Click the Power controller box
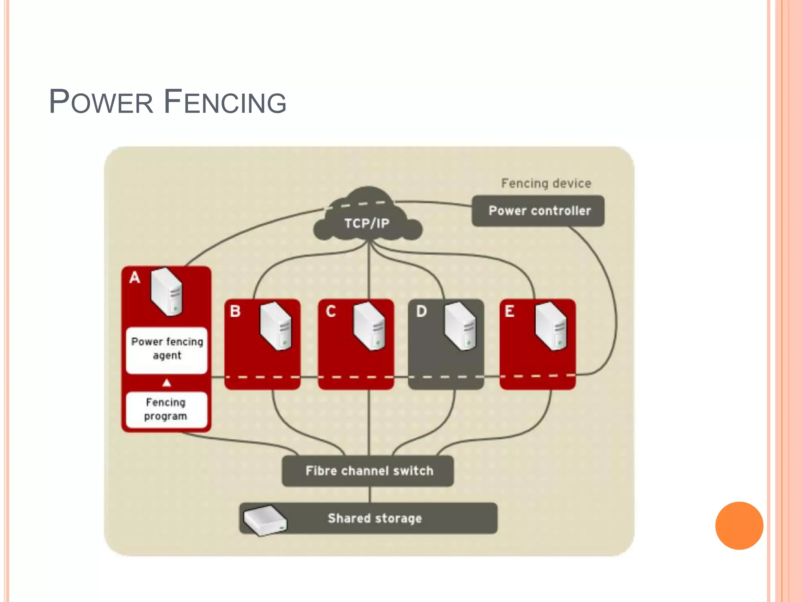538,211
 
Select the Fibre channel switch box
368,471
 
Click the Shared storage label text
375,518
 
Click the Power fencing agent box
167,349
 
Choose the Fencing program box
166,410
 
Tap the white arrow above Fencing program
167,383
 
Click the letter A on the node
135,277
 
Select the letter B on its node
235,311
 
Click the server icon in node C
369,325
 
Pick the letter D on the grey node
421,311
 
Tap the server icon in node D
460,325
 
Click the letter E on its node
509,311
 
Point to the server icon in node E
551,325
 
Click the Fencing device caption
546,183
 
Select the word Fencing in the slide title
225,102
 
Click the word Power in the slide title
101,102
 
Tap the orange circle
739,526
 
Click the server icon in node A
167,292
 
